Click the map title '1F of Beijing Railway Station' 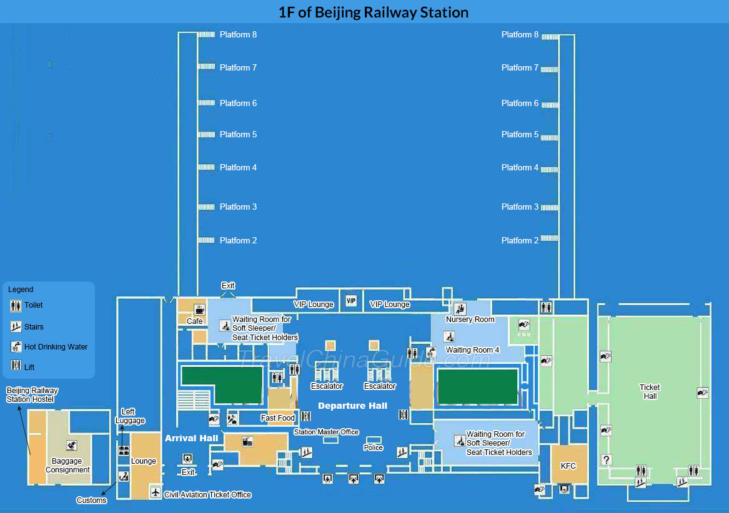[x=373, y=12]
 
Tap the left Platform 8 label [x=238, y=35]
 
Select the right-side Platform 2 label [x=520, y=240]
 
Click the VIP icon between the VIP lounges [x=351, y=301]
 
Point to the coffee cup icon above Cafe [x=200, y=310]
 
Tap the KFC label [x=568, y=466]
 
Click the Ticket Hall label [x=650, y=392]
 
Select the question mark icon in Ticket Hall [x=605, y=460]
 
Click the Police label [x=374, y=447]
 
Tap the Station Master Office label [x=326, y=432]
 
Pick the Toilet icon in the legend [x=16, y=306]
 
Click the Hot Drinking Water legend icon [x=16, y=347]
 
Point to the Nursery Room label [x=470, y=320]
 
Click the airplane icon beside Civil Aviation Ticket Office [x=155, y=493]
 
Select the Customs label [x=91, y=500]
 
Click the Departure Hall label [x=352, y=406]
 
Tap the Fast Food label [x=278, y=418]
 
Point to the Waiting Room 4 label [x=472, y=350]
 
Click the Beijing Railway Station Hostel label [x=32, y=395]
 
